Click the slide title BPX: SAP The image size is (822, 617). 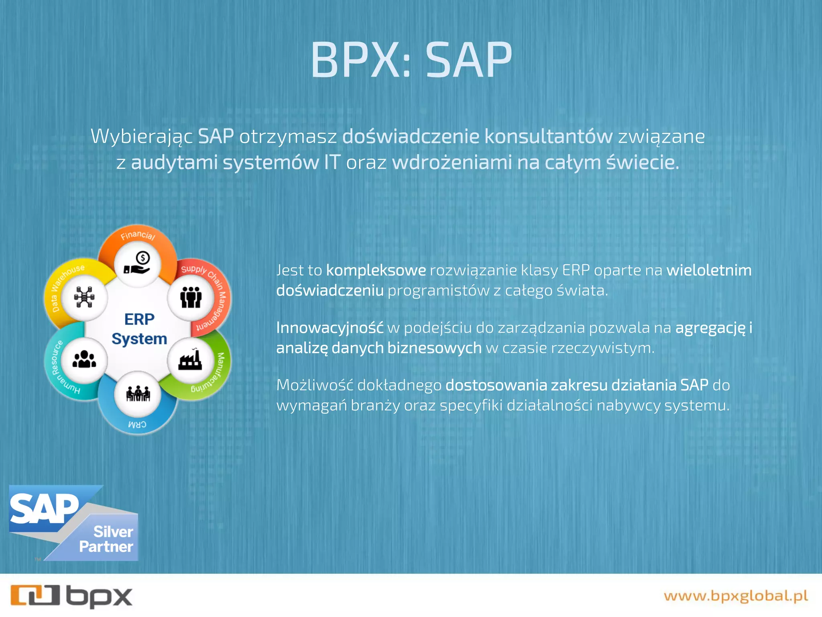(x=411, y=60)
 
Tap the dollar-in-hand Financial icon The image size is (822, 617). (x=138, y=264)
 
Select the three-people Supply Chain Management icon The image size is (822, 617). (x=191, y=297)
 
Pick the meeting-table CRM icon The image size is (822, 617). (x=138, y=394)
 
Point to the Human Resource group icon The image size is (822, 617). (x=84, y=359)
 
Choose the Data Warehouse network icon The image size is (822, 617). (x=84, y=297)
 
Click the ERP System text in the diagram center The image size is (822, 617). (x=139, y=329)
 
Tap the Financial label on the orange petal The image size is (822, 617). (x=138, y=235)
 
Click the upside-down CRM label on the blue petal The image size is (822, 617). (x=137, y=424)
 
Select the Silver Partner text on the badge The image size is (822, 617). (x=106, y=539)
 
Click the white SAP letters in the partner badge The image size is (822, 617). (x=44, y=509)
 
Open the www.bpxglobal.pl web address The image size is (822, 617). (x=736, y=596)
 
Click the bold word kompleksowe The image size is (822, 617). (x=376, y=270)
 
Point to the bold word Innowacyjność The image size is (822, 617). (x=330, y=328)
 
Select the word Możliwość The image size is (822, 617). (x=314, y=385)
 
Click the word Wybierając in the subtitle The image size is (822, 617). (x=141, y=137)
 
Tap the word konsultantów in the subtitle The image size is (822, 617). (x=548, y=137)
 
